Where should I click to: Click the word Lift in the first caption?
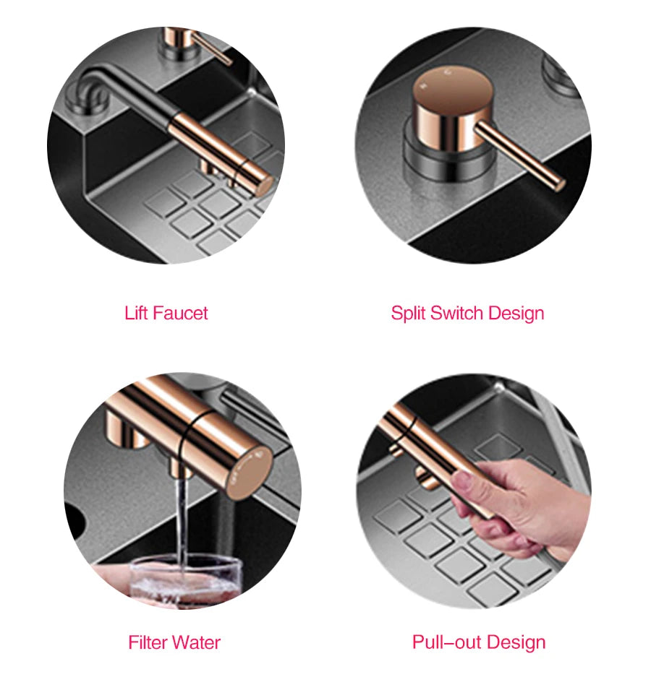[x=135, y=314]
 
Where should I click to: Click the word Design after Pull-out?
[x=516, y=642]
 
